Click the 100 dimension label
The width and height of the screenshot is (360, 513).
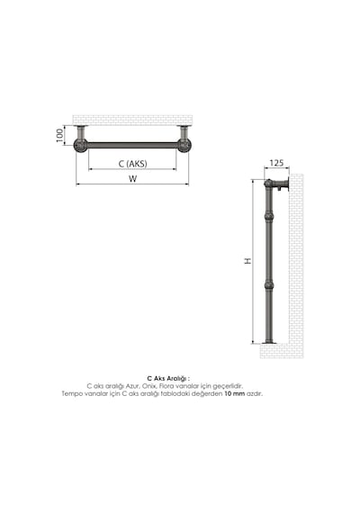point(59,135)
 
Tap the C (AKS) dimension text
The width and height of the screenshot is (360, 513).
point(132,164)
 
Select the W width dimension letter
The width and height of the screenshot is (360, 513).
point(132,178)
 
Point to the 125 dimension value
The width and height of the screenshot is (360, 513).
point(276,163)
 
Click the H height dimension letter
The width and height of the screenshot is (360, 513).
point(248,261)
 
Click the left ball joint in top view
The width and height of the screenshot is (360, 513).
point(80,145)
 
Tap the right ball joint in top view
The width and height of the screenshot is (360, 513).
point(184,145)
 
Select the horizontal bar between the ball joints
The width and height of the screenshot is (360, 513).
point(132,145)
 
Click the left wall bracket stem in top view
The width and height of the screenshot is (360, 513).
point(80,132)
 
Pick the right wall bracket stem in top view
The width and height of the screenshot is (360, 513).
point(184,132)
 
